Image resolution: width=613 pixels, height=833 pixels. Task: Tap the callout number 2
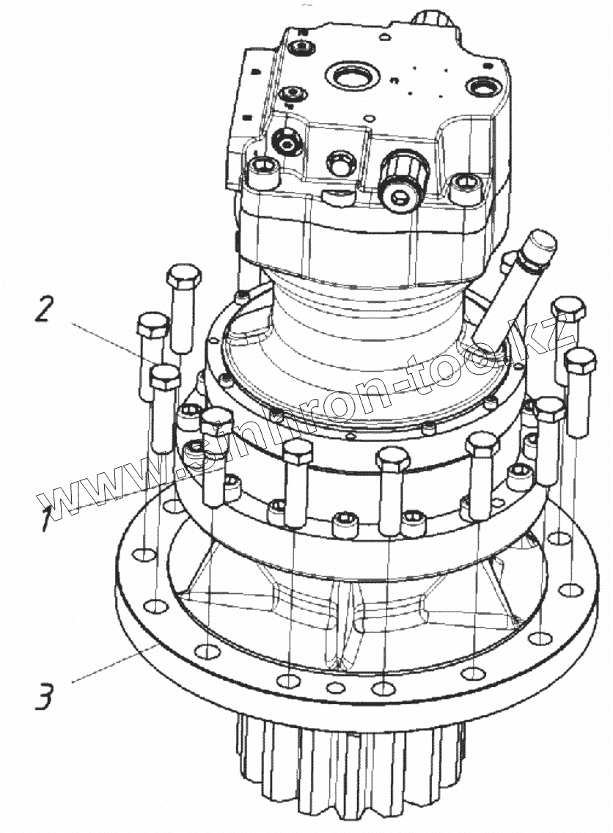coord(43,309)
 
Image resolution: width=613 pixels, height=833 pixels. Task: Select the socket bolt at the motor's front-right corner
coord(463,183)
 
